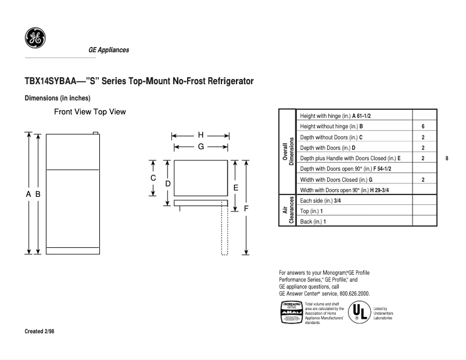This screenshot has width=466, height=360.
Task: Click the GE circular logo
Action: [35, 38]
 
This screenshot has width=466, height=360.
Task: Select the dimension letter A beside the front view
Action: [28, 195]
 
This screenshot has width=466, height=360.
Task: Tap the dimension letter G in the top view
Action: [200, 147]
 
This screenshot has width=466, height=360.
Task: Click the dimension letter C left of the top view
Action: [153, 178]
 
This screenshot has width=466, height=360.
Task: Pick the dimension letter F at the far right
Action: [246, 208]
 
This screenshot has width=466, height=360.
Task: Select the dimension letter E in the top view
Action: [235, 188]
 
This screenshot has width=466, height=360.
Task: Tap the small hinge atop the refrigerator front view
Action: [95, 133]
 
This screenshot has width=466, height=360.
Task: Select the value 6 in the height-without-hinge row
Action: [423, 126]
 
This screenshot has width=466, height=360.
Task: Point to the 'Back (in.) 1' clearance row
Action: [313, 222]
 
